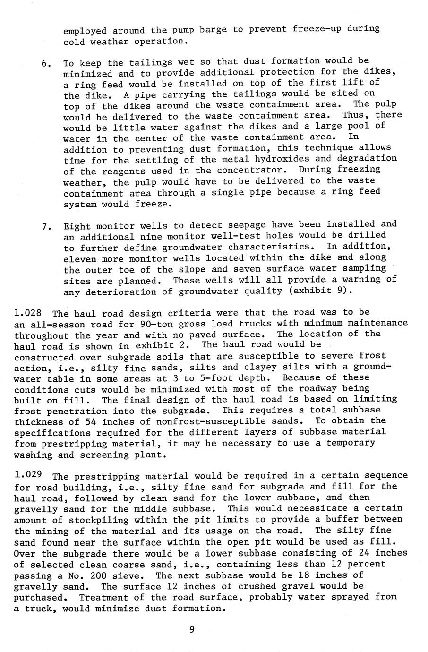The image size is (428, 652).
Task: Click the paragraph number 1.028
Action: (28, 313)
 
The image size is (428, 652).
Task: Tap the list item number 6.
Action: (46, 63)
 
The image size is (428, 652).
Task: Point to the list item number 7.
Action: (46, 226)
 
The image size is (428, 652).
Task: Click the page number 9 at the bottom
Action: (191, 629)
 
